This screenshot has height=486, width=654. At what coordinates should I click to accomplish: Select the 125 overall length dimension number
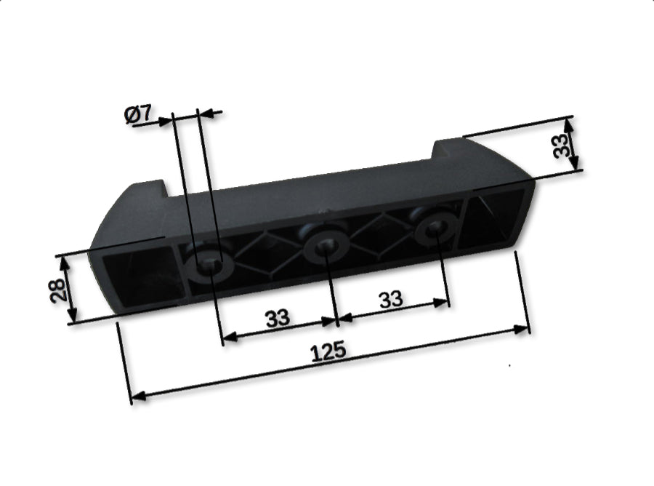point(328,352)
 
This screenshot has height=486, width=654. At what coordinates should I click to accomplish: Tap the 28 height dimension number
point(59,291)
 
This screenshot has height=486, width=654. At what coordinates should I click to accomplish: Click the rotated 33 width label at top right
point(560,146)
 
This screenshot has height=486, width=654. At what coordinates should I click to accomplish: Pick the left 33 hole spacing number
point(277,319)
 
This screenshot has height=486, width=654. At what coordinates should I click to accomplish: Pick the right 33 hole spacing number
point(391,299)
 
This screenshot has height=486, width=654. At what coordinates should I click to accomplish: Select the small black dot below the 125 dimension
point(509,365)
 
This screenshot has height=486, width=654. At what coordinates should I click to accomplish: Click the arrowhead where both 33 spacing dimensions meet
point(336,319)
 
